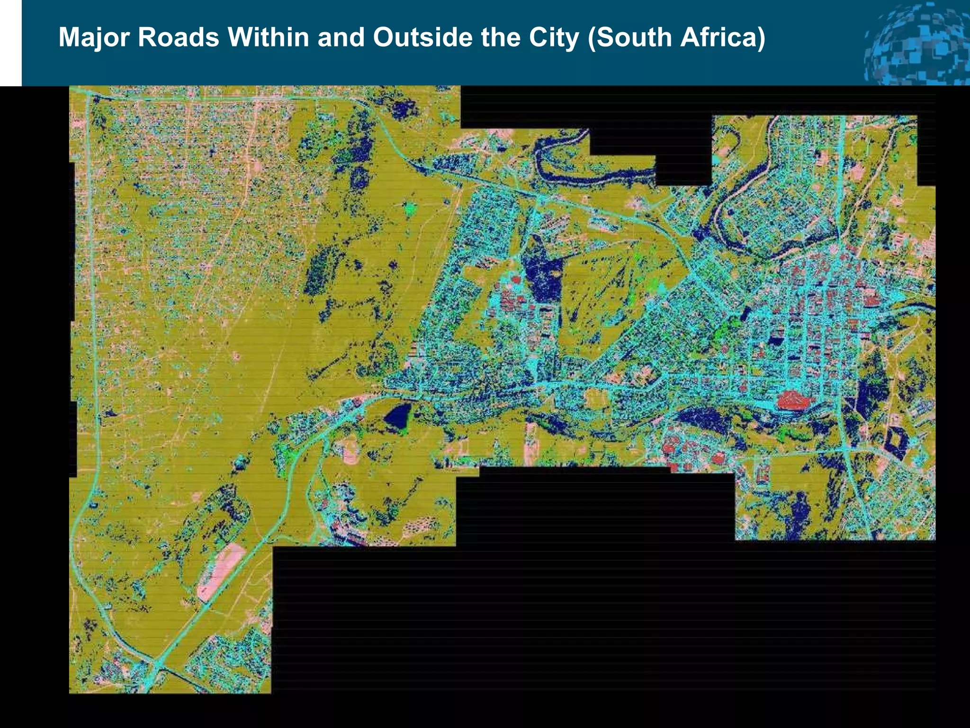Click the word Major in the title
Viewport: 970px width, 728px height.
[93, 37]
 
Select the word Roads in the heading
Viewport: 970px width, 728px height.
[179, 37]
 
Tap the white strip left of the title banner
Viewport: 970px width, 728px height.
[10, 43]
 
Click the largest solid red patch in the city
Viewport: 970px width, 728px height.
[793, 400]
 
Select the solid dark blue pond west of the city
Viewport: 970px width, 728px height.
[398, 416]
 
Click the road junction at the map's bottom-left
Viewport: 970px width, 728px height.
[157, 664]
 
